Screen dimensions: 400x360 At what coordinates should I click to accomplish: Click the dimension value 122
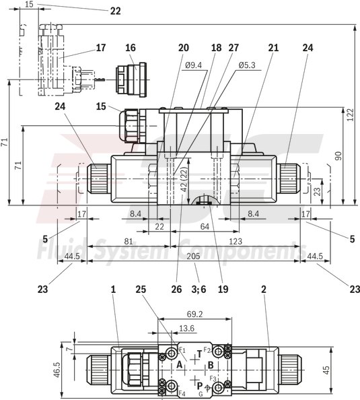click(x=350, y=116)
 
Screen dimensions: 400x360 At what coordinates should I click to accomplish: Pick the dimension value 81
click(x=128, y=241)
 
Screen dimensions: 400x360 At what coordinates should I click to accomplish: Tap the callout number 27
click(x=233, y=48)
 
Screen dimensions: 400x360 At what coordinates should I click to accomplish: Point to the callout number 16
click(x=130, y=48)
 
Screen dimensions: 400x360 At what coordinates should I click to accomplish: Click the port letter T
click(x=199, y=354)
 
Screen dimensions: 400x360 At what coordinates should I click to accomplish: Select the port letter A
click(x=180, y=364)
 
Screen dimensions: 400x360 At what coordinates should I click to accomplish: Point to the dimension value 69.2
click(x=194, y=314)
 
